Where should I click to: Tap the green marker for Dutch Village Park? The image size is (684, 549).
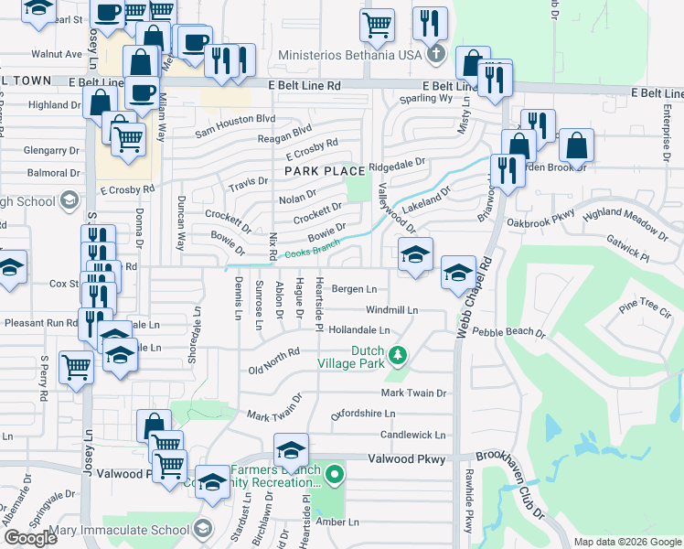click(x=398, y=354)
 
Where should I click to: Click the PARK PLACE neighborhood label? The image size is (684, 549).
click(x=325, y=171)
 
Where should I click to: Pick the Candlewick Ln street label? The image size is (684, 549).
click(x=412, y=435)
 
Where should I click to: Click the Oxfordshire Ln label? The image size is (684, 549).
click(x=369, y=414)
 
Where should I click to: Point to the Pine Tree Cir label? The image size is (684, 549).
click(x=645, y=308)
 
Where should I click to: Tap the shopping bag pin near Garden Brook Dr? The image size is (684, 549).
click(x=577, y=145)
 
